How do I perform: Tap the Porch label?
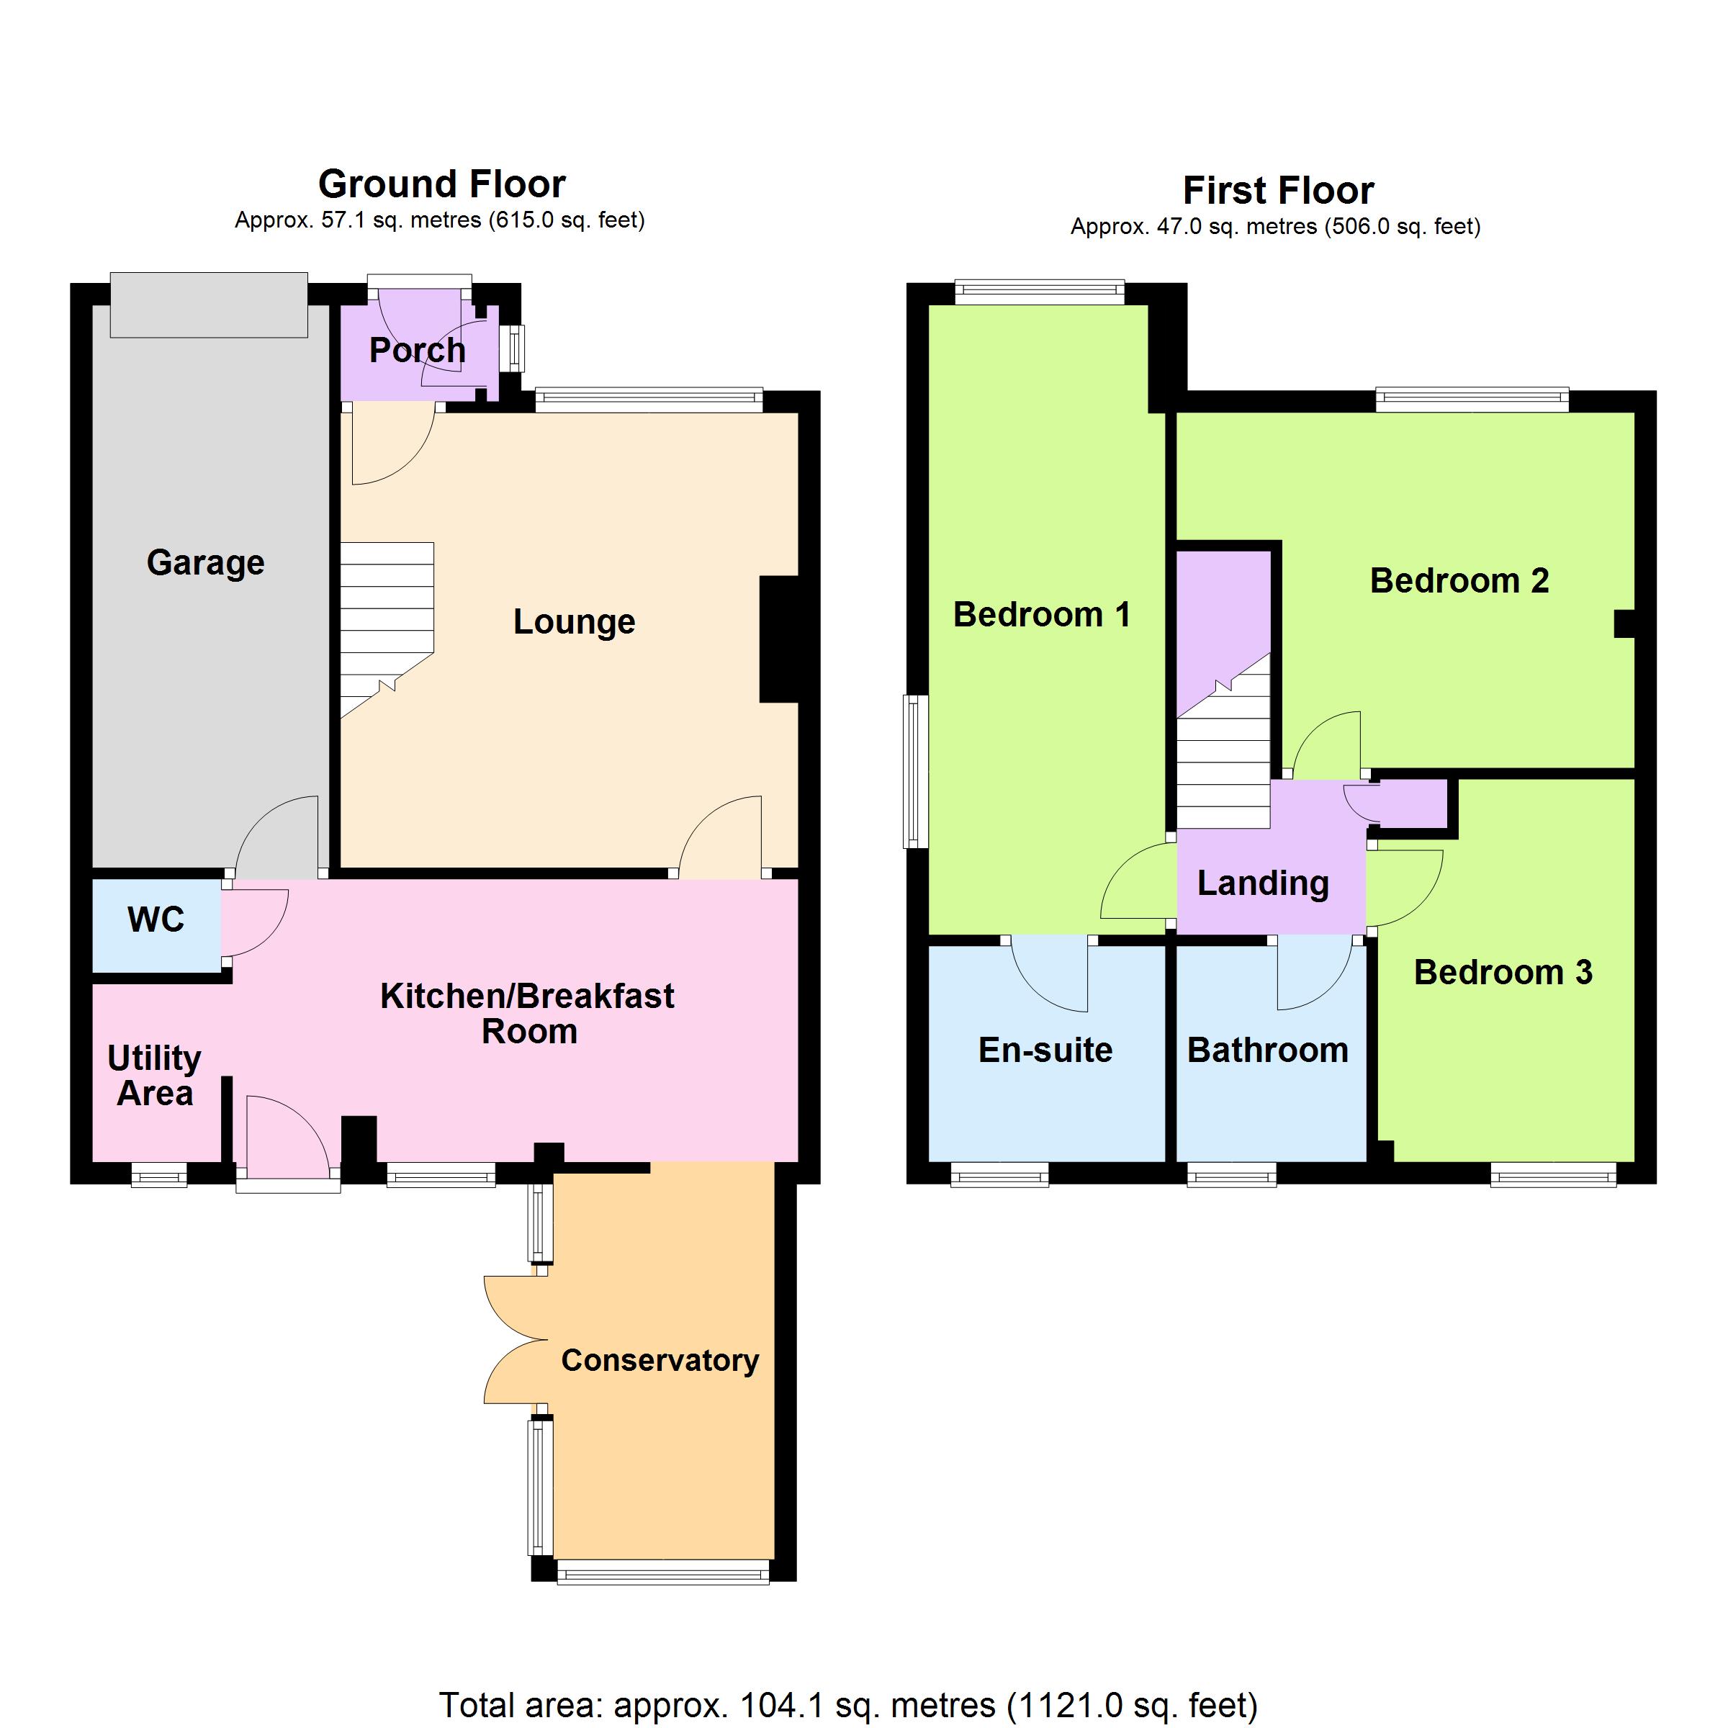418,351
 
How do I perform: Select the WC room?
156,926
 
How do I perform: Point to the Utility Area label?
155,1076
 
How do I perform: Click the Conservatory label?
660,1360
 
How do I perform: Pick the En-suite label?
1045,1050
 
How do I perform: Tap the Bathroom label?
1268,1050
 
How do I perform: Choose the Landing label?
1264,883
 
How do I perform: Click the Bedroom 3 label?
1503,972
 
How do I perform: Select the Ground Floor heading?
442,184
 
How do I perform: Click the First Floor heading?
1278,191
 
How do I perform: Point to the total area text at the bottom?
848,1706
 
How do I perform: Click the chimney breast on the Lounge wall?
778,639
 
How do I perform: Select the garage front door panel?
208,305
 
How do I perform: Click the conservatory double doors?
516,1340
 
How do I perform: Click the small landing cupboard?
1409,804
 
